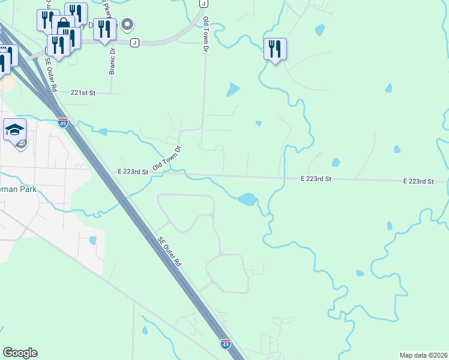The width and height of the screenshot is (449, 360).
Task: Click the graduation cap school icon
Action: click(14, 128)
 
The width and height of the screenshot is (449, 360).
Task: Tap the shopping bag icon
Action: click(62, 25)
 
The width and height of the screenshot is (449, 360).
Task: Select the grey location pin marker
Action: click(127, 25)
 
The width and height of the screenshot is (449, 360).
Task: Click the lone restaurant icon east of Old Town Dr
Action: click(275, 48)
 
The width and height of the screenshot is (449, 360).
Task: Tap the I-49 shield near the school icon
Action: click(63, 122)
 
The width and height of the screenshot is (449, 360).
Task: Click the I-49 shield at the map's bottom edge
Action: click(225, 344)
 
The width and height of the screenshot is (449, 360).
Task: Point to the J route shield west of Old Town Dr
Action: click(134, 42)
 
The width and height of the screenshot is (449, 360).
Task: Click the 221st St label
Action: click(83, 93)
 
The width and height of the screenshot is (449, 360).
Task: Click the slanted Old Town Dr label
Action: click(167, 157)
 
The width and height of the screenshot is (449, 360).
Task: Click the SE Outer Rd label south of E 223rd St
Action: click(169, 251)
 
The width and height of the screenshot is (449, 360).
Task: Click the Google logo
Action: click(20, 352)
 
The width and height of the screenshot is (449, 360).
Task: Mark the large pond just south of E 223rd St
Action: click(247, 199)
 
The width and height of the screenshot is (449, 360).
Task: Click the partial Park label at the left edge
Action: click(18, 190)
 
